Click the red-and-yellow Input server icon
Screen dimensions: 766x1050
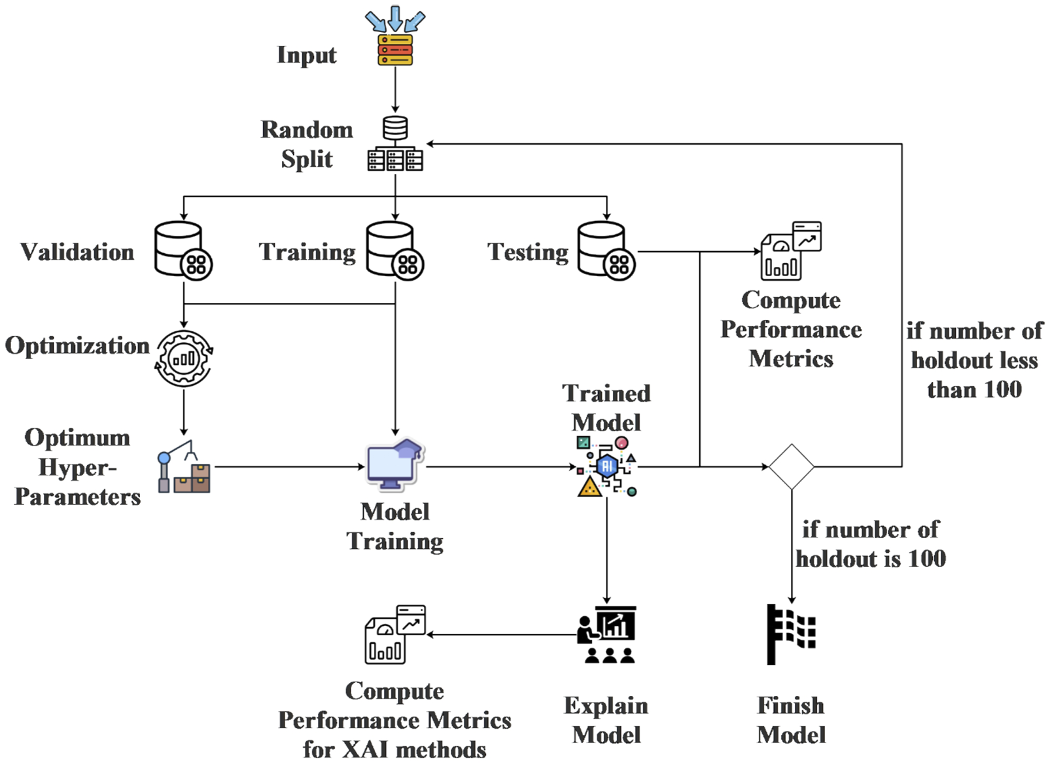(394, 50)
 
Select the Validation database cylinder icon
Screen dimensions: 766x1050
(182, 251)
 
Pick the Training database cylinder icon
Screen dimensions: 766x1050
(394, 251)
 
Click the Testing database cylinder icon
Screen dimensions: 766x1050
(605, 251)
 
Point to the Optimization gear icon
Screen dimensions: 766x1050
(184, 358)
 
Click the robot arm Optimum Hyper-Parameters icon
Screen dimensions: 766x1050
(184, 466)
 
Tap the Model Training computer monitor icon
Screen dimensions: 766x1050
(394, 465)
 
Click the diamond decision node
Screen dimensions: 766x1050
(791, 466)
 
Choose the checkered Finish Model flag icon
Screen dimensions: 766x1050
(791, 634)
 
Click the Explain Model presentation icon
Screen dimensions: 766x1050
(606, 634)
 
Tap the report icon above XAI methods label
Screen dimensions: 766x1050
(394, 634)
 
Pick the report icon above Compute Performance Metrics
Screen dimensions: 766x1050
(791, 251)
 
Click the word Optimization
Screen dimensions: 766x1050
(77, 345)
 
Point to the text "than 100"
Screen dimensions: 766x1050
(974, 389)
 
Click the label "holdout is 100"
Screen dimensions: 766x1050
(871, 558)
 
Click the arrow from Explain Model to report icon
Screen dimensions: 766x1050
(500, 634)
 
